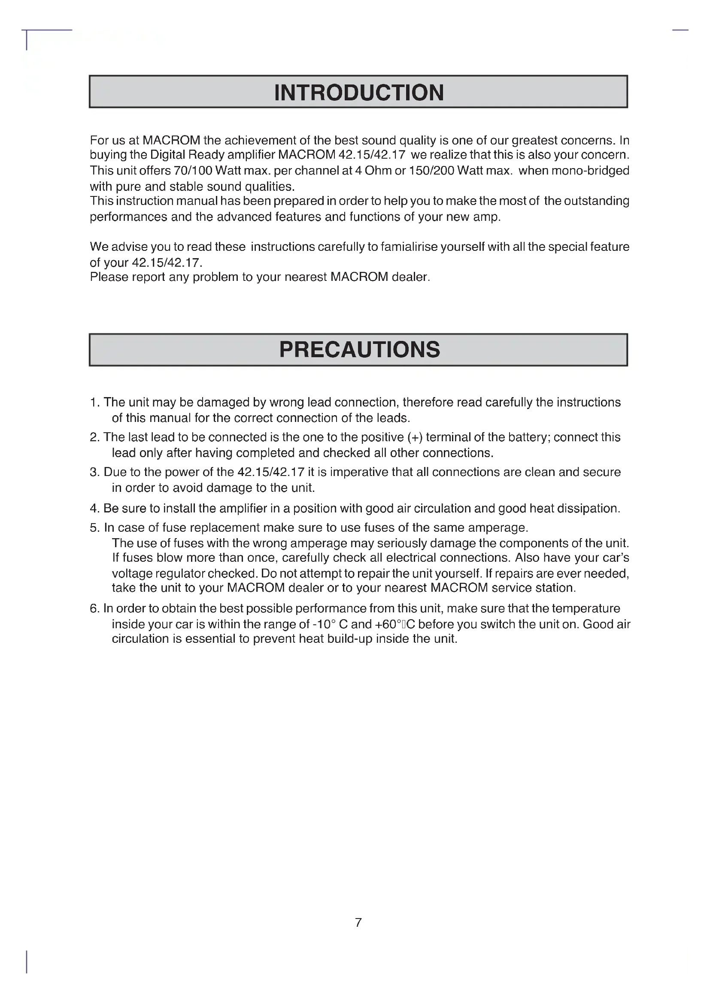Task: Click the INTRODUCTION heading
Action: point(358,93)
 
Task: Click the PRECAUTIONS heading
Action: point(359,350)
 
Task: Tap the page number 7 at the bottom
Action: point(358,922)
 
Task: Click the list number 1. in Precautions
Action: point(95,402)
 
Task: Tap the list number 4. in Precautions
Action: point(95,509)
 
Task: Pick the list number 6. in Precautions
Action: point(95,608)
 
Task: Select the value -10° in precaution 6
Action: point(324,624)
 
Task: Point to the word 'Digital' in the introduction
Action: point(167,155)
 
